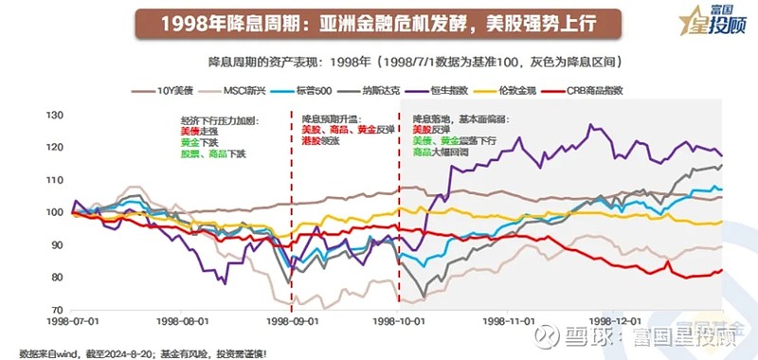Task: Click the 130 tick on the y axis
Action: pyautogui.click(x=56, y=115)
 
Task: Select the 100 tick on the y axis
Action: pyautogui.click(x=56, y=212)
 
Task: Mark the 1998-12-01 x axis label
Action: pyautogui.click(x=617, y=321)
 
